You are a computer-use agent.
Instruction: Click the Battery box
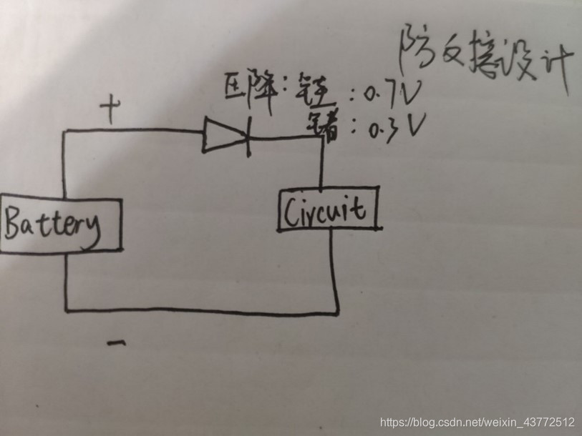click(x=61, y=224)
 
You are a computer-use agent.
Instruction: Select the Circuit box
click(x=328, y=209)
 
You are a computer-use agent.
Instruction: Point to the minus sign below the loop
click(x=116, y=344)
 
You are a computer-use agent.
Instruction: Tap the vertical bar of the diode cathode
click(x=248, y=137)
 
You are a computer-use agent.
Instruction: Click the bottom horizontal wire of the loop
click(x=200, y=311)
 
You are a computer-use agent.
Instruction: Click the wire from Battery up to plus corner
click(x=64, y=164)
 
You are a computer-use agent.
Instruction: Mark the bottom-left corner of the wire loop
click(x=66, y=310)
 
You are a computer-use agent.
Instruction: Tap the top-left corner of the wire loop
click(x=64, y=132)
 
